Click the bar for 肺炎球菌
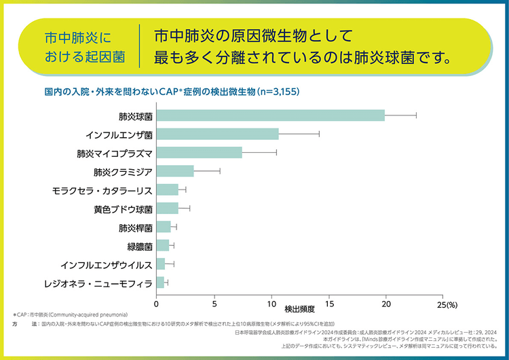point(270,115)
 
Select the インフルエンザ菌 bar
point(217,134)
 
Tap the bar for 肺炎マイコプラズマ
point(199,152)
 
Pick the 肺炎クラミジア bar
point(175,170)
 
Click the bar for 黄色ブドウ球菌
point(167,208)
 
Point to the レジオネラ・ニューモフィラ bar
point(160,282)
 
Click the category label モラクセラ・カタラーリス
point(102,190)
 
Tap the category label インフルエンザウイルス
point(107,264)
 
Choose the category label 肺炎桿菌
point(135,227)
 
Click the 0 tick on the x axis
point(157,298)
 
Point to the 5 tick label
point(214,298)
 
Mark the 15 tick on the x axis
point(329,298)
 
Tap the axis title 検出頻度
point(300,308)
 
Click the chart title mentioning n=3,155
point(171,91)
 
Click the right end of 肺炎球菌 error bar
point(416,115)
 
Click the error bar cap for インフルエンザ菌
point(319,134)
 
